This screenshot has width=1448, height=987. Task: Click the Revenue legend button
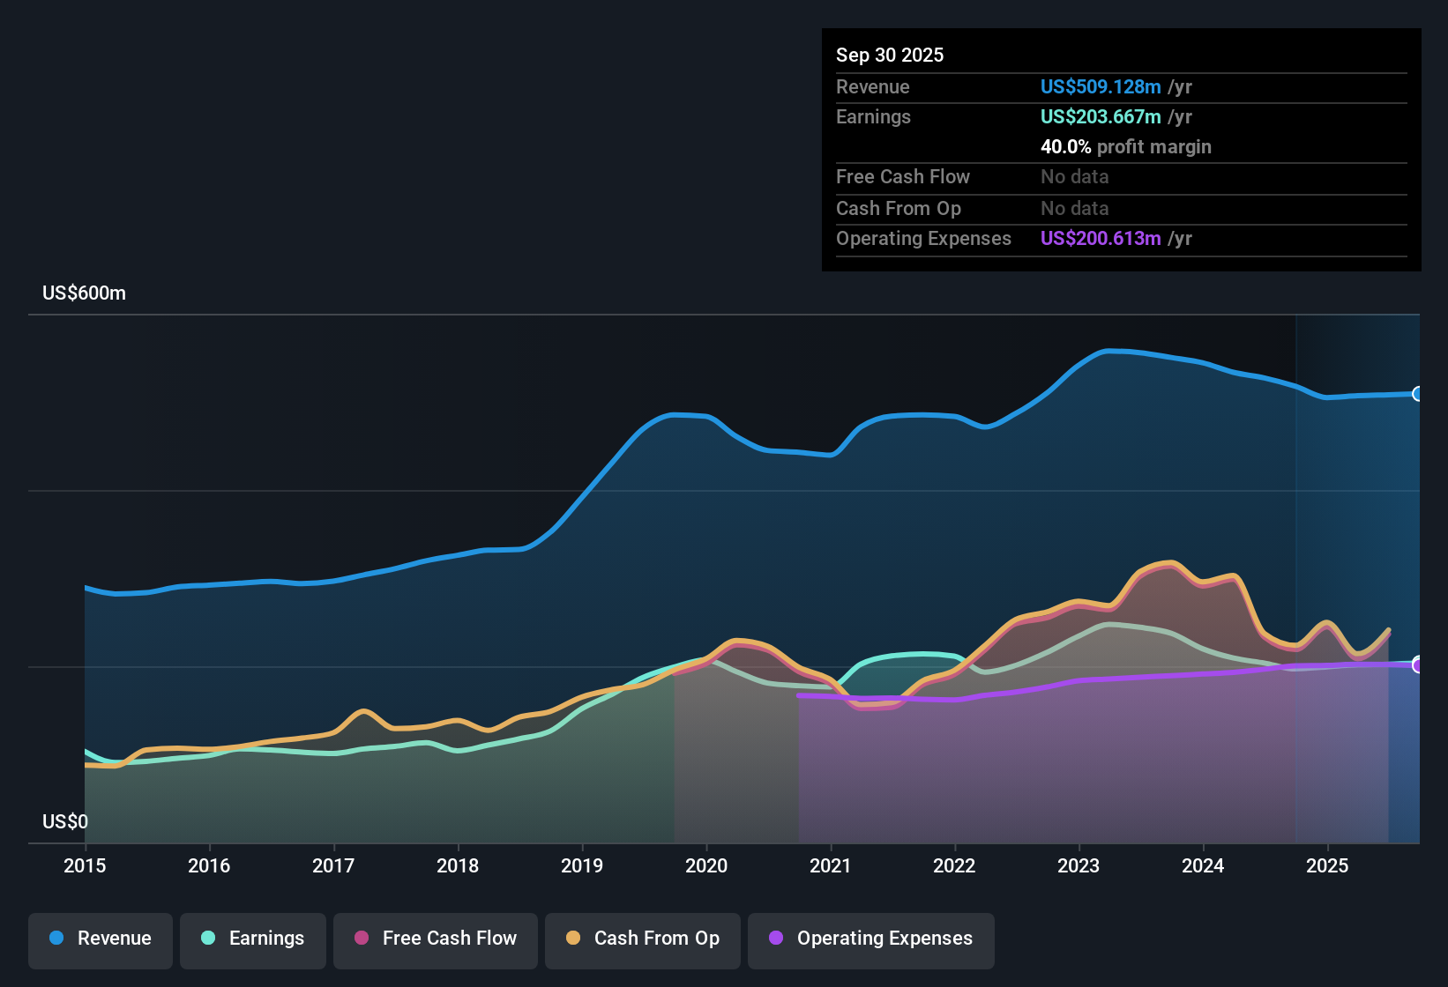coord(101,939)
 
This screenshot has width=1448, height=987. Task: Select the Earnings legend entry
coord(253,939)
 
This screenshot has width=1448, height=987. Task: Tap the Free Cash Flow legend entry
coord(436,939)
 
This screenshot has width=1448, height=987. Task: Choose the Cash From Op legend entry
coord(643,939)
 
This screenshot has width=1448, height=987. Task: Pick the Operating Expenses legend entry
coord(871,939)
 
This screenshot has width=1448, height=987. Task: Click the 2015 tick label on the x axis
coord(85,865)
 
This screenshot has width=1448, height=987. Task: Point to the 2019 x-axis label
coord(582,865)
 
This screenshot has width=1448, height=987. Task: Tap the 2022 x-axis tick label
coord(954,865)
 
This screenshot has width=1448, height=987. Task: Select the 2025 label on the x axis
coord(1327,865)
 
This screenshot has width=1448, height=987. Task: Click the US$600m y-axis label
coord(84,293)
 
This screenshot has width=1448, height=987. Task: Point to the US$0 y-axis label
coord(65,821)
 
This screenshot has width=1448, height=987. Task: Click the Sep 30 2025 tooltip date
coord(890,55)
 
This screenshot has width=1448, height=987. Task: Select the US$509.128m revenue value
coord(1101,86)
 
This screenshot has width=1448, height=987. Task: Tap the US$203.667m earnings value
coord(1101,116)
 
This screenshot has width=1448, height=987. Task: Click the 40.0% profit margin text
coord(1125,146)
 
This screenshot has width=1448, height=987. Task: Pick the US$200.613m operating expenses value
coord(1101,238)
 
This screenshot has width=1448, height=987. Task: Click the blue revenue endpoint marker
coord(1418,394)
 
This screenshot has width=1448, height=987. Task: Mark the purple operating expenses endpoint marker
coord(1418,664)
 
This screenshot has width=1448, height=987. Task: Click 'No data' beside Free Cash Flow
coord(1074,176)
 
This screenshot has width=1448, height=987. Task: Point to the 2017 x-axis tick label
coord(333,865)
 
